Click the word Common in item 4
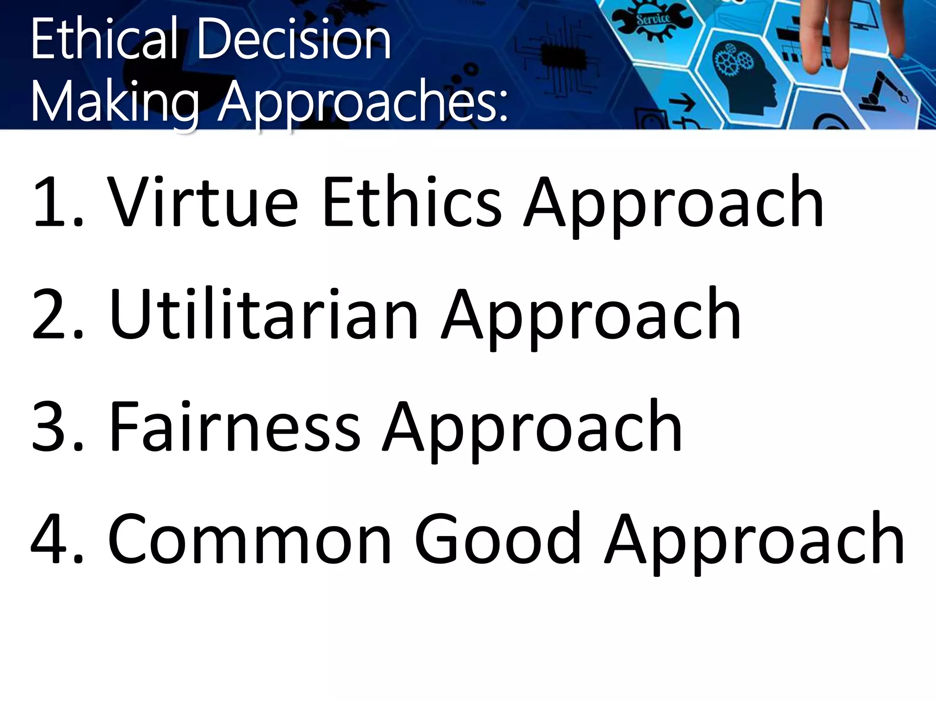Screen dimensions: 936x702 click(x=250, y=539)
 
